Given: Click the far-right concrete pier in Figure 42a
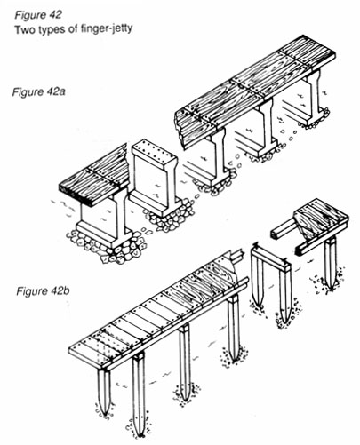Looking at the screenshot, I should pos(312,92).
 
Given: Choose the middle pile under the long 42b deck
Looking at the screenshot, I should pos(185,360).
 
